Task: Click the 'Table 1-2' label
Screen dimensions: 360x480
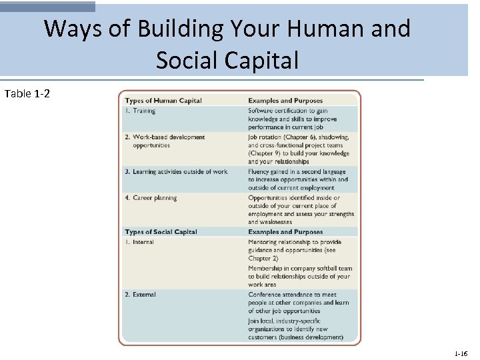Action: (27, 93)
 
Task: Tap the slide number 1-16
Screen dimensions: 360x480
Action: (461, 353)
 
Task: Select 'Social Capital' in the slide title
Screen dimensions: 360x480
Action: (227, 60)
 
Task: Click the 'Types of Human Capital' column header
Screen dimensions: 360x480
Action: (163, 101)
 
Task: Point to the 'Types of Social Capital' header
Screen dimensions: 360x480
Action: (161, 232)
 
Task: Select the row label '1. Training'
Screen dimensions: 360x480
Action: (140, 111)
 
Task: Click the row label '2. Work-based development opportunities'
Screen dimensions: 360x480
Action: (165, 141)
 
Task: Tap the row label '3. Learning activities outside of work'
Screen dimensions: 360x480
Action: (176, 172)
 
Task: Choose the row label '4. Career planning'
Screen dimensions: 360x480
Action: (151, 198)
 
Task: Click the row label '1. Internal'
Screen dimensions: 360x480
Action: (139, 242)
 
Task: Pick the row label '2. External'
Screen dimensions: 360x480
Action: (140, 295)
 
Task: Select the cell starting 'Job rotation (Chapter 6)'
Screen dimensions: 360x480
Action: (299, 149)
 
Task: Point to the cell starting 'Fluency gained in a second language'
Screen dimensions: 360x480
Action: (297, 180)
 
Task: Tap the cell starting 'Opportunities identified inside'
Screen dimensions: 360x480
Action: (301, 210)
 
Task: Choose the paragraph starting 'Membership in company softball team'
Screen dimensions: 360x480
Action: (299, 277)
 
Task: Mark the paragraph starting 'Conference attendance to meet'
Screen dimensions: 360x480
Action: (299, 303)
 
